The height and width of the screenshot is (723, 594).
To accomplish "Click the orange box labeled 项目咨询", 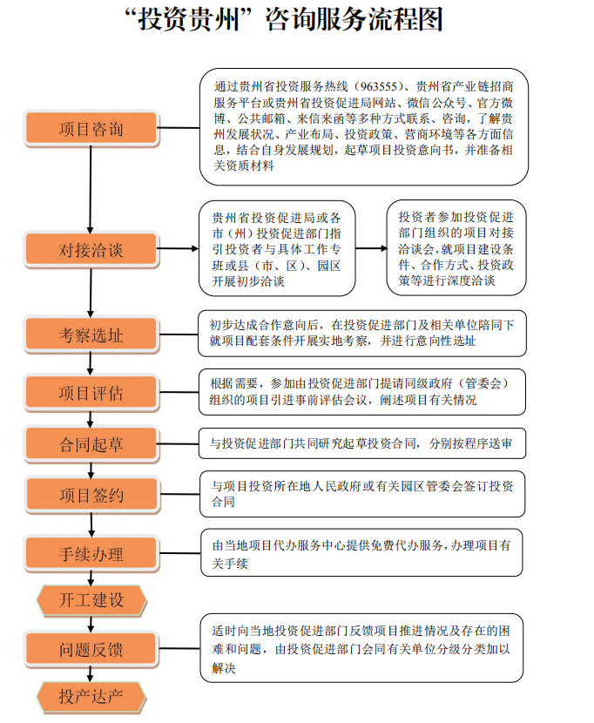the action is [x=91, y=129].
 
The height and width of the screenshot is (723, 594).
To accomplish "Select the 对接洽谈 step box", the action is [x=91, y=250].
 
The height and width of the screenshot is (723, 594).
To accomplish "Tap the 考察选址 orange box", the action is [x=91, y=334].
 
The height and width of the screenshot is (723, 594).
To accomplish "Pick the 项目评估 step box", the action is [x=91, y=393].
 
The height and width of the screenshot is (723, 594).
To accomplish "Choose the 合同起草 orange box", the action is [x=91, y=444].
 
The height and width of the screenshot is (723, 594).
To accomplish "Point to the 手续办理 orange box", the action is [x=91, y=554].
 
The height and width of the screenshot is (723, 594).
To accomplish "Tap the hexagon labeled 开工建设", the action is [x=91, y=600].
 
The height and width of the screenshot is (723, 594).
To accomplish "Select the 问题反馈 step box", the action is [x=91, y=650].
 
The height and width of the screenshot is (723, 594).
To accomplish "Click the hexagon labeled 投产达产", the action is [x=91, y=697].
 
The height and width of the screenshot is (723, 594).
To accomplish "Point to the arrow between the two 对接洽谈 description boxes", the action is [x=371, y=248].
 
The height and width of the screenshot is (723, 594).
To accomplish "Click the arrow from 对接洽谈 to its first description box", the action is [x=179, y=248].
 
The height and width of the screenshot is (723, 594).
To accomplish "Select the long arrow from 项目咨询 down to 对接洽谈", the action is [x=91, y=190].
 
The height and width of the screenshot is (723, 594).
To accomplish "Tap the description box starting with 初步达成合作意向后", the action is [x=362, y=334].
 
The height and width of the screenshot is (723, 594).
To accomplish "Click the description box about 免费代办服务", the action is [x=361, y=552].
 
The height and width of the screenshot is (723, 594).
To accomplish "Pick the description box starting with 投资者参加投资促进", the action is [x=456, y=248].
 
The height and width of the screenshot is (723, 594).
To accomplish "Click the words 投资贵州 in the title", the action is [x=189, y=19].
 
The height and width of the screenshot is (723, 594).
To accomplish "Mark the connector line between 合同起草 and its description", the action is [x=179, y=444].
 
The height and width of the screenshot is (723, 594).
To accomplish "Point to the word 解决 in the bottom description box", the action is [x=224, y=667].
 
